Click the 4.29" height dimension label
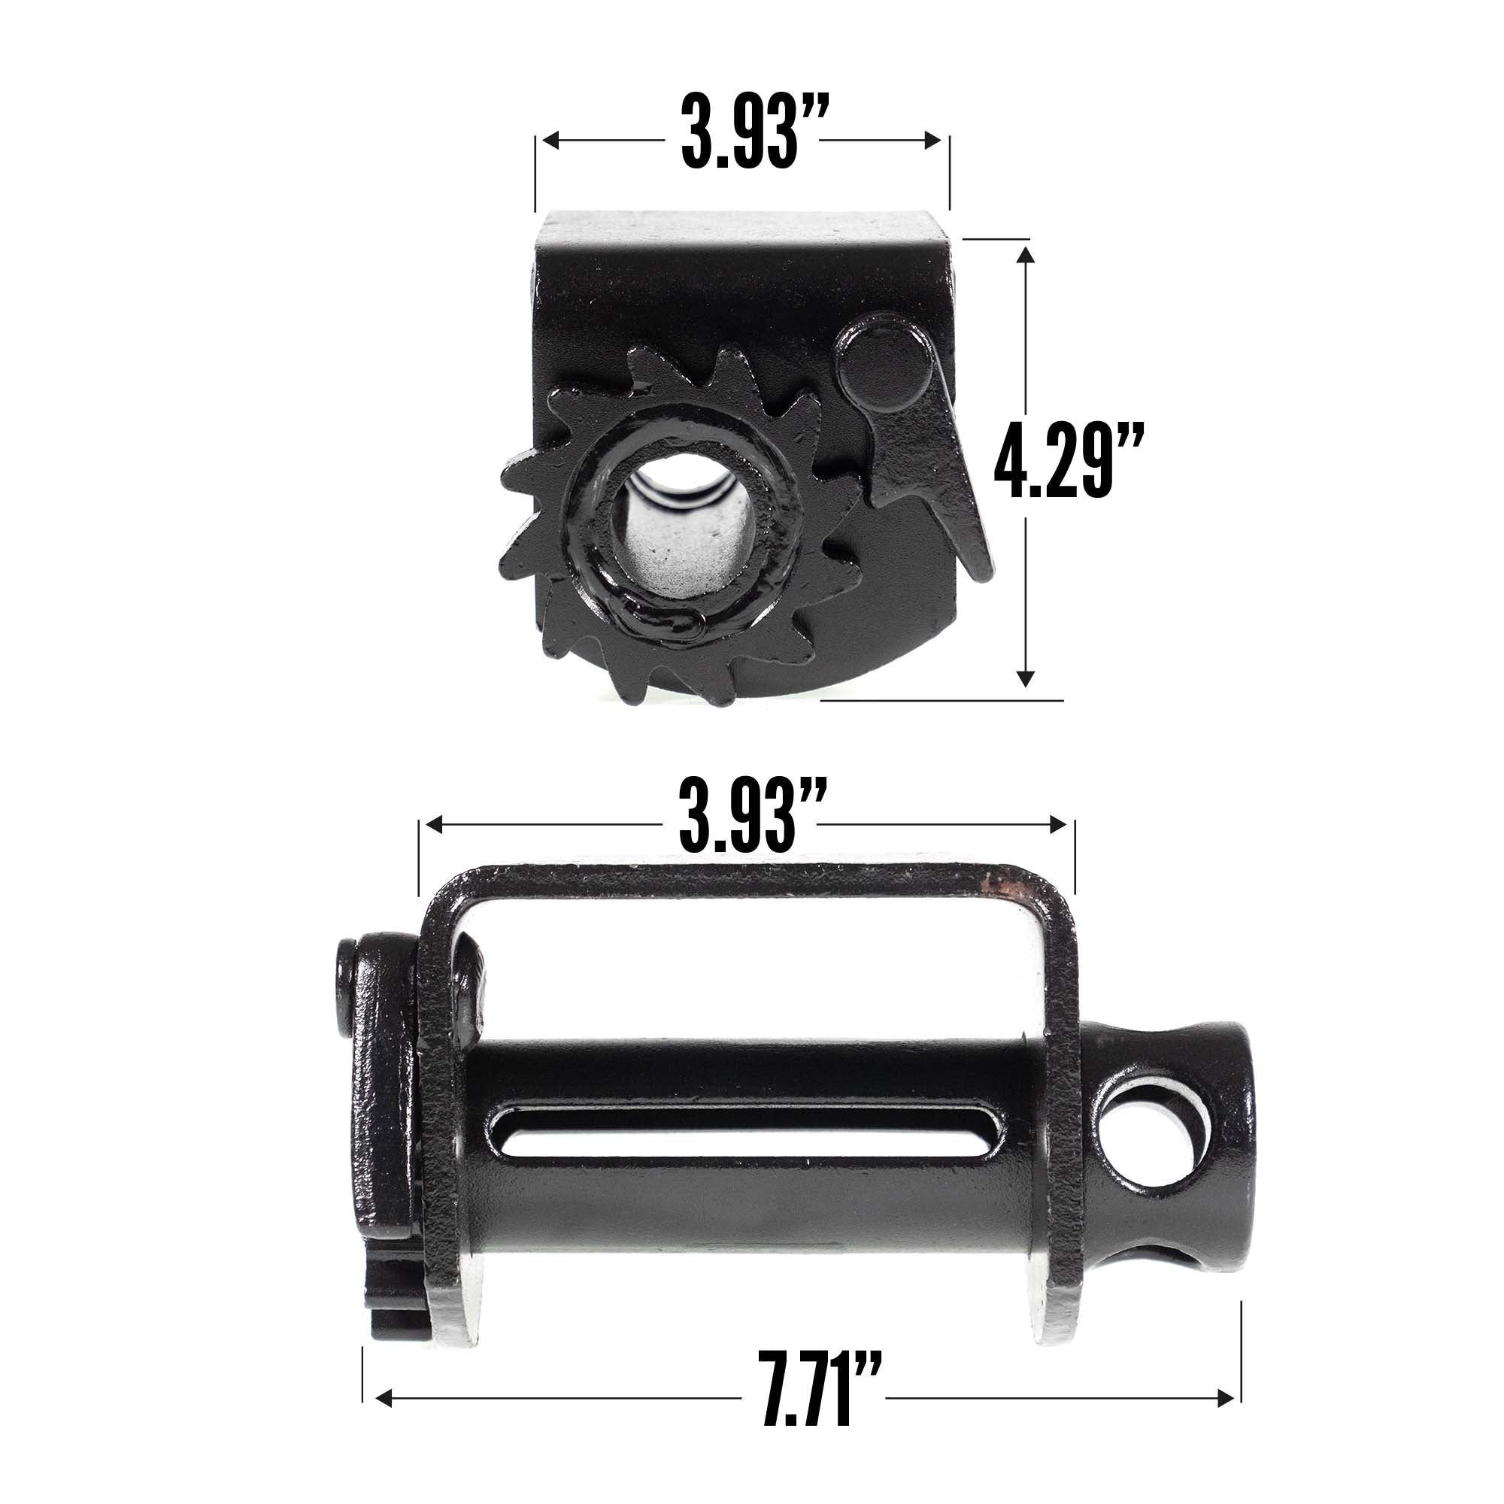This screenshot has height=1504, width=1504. [x=1068, y=461]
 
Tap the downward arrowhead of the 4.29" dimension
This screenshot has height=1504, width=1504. [x=1025, y=680]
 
